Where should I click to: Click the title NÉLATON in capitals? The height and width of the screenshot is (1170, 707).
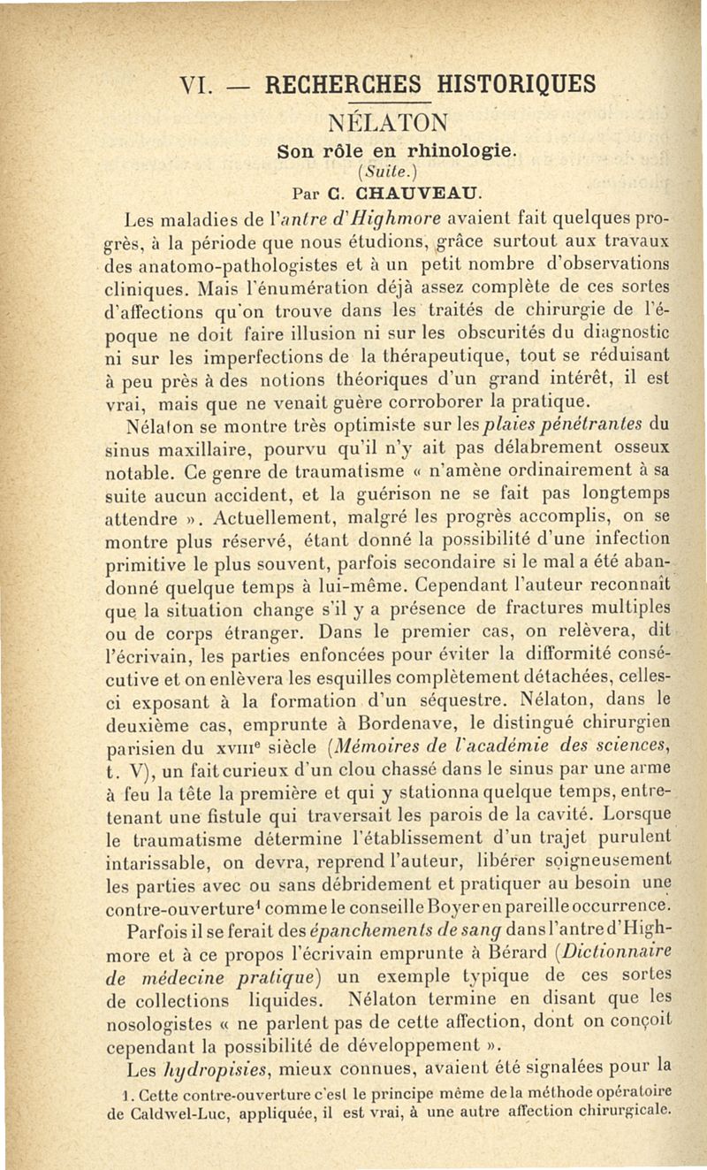(x=390, y=121)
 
